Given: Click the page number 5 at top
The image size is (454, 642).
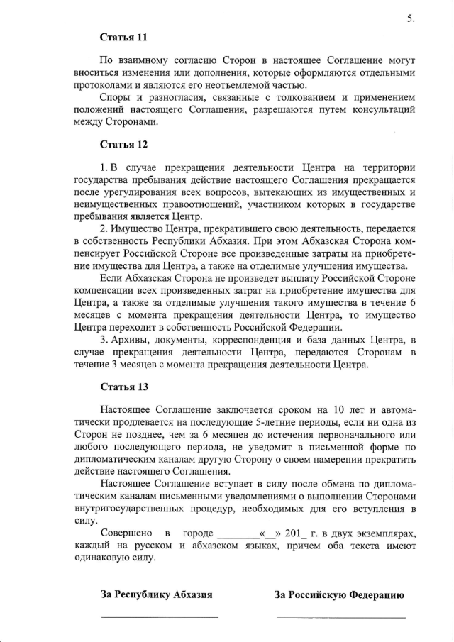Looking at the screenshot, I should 411,19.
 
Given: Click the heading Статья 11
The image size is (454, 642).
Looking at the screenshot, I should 123,37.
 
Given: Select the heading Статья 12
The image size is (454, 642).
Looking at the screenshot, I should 123,145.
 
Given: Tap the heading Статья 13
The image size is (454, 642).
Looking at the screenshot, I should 123,387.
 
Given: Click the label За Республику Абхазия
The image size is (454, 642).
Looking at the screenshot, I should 157,595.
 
